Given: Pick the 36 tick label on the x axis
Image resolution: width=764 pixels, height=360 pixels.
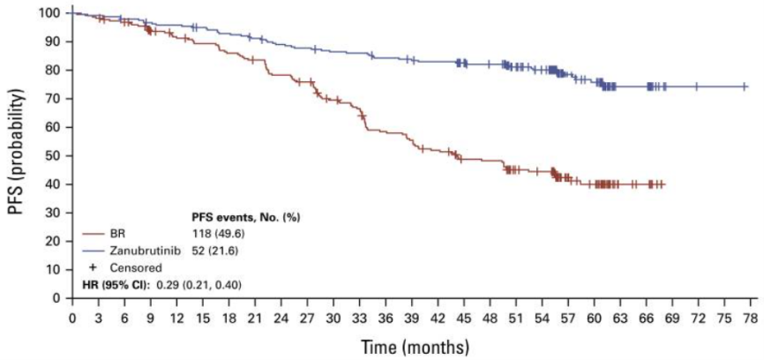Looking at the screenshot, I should point(386,317).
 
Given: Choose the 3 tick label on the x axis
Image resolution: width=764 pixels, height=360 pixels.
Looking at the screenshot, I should point(98,317).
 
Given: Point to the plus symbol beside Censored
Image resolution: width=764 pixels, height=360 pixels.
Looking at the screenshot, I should point(93,266).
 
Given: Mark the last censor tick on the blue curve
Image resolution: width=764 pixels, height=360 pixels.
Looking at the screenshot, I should point(697,86).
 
